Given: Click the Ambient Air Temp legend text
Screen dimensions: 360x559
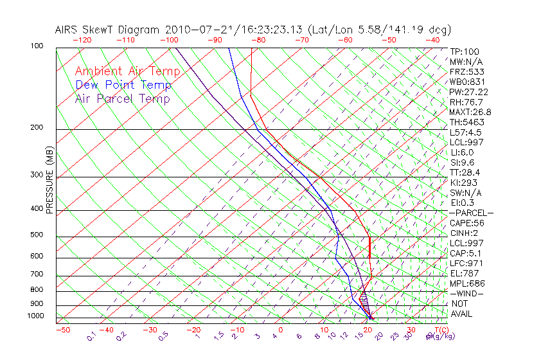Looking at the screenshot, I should [127, 71].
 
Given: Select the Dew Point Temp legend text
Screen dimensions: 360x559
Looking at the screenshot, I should [123, 85].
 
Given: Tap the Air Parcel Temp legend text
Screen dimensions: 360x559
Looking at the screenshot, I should [122, 98].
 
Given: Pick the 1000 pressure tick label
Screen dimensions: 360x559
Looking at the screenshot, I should [36, 316].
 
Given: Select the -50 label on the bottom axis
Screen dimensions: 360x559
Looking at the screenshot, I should [63, 330].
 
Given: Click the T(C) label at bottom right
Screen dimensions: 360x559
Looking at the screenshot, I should [439, 330].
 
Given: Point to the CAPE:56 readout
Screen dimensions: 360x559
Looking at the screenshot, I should [466, 223].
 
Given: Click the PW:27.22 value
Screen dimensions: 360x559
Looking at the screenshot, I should [468, 92].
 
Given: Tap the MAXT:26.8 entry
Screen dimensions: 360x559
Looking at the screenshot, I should [470, 112].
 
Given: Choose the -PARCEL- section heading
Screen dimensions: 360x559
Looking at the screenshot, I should [471, 213].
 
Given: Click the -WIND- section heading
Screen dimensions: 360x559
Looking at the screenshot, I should [466, 293].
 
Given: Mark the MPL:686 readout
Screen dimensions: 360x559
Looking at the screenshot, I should [467, 283].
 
